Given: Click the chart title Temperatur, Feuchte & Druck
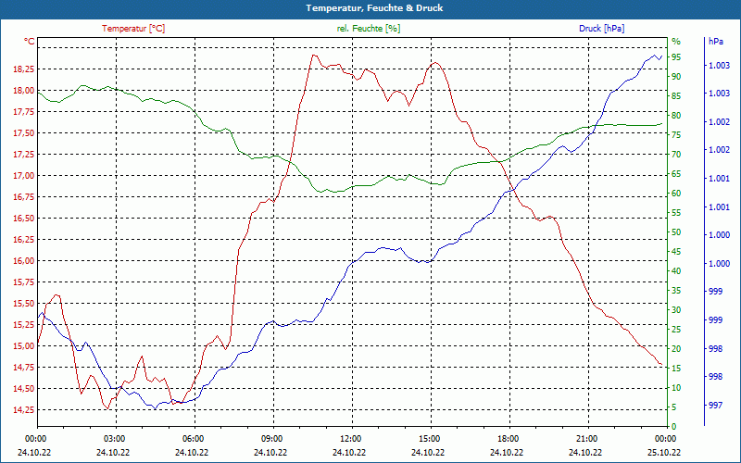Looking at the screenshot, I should tap(370, 7).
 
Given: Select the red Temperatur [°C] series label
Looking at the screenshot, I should tap(133, 29).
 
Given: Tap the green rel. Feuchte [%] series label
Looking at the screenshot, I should tap(369, 29).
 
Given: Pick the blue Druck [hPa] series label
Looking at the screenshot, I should tap(603, 29).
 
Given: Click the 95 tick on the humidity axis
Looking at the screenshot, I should tap(676, 57).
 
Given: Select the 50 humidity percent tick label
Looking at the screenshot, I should tap(676, 232).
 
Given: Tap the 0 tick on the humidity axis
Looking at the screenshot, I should tap(673, 427).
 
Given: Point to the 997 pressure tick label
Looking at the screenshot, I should tap(715, 405).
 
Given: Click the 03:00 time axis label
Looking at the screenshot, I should tap(115, 438).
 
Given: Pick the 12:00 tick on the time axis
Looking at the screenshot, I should tap(351, 438).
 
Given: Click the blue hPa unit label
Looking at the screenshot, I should tap(715, 42).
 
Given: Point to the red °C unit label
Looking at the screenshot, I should tap(30, 42).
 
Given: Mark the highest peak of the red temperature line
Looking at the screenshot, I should tap(313, 55).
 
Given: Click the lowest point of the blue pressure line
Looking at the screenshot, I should tap(156, 408).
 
